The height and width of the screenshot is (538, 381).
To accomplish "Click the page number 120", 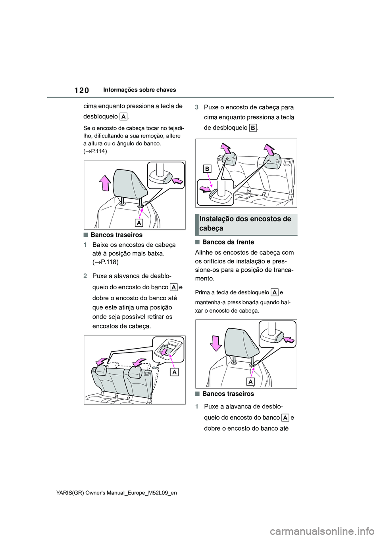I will click(x=81, y=90).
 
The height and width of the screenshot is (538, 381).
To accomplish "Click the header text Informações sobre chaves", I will click(x=139, y=90).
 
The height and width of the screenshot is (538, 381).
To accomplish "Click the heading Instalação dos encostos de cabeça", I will click(x=245, y=223).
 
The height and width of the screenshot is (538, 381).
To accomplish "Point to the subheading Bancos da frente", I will click(x=228, y=242).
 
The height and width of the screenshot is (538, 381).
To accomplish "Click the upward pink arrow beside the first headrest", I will click(x=105, y=183).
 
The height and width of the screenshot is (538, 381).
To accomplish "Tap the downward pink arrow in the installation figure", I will click(x=216, y=343).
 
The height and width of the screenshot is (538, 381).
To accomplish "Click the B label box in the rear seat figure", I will click(x=207, y=169).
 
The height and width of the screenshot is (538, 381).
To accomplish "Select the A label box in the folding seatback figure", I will click(x=174, y=372).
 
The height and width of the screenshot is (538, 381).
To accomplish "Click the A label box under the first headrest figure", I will click(x=139, y=223).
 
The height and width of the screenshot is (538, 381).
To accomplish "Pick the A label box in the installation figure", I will click(x=250, y=382).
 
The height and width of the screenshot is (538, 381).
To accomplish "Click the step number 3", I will click(x=197, y=107).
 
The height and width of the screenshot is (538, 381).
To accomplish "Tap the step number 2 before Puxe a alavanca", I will click(x=85, y=276).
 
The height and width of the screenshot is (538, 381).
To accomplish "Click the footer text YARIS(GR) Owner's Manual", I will click(x=116, y=493).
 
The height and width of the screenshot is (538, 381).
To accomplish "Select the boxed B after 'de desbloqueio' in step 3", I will click(x=253, y=128).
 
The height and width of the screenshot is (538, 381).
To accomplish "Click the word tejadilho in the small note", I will click(x=175, y=128).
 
